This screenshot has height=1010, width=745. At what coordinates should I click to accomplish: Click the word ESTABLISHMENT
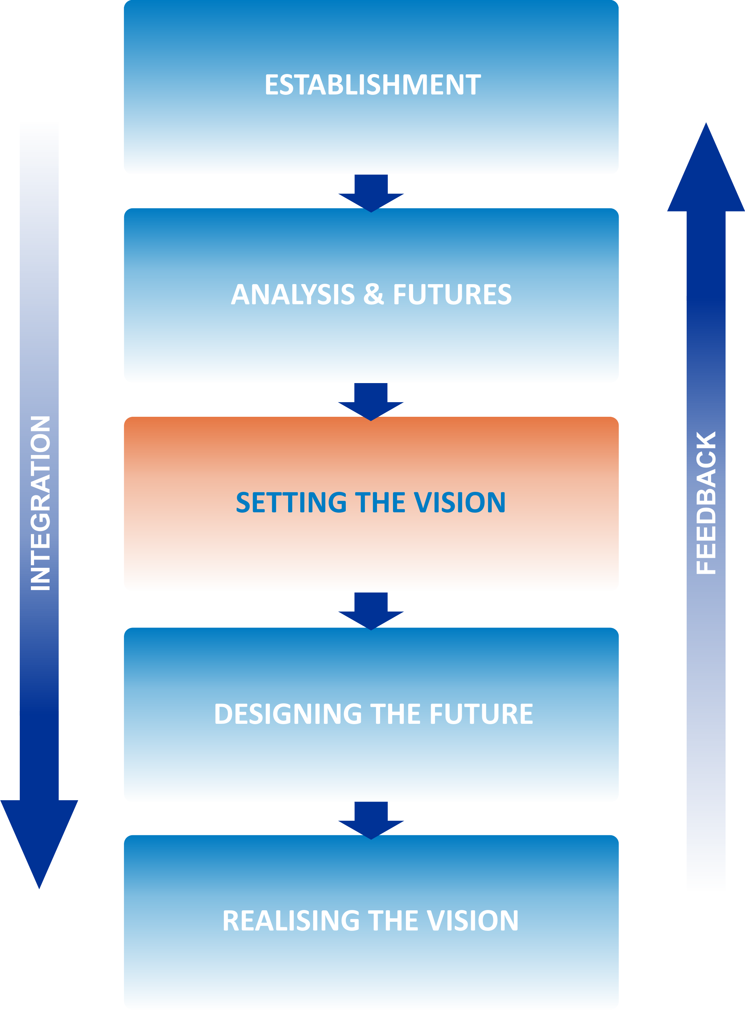[372, 84]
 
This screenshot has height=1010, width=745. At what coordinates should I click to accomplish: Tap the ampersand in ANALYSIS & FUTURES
[374, 294]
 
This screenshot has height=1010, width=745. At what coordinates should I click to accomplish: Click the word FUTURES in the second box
[452, 294]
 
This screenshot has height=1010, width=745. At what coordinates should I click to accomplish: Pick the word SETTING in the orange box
[291, 502]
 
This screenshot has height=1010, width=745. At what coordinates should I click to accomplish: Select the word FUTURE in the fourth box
[481, 714]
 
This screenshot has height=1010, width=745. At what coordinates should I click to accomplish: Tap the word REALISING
[291, 921]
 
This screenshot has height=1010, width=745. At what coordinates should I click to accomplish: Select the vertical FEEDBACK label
[706, 503]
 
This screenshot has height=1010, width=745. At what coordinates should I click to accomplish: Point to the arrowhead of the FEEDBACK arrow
[706, 172]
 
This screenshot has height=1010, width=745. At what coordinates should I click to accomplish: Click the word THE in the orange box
[380, 502]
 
